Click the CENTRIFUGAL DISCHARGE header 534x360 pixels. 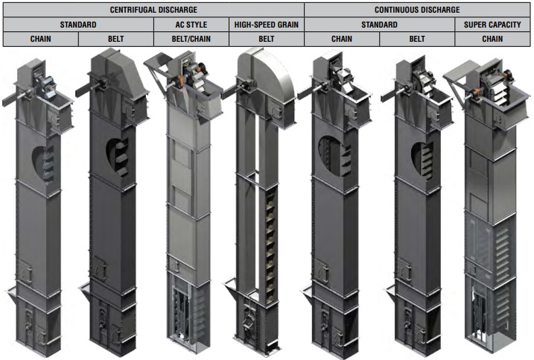coord(153,10)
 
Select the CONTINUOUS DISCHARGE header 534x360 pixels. coord(417,10)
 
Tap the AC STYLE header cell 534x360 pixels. coord(191,25)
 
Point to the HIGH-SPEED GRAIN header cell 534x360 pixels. coord(267,25)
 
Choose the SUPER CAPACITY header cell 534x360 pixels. coord(492,25)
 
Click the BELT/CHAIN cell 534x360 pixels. coord(191,39)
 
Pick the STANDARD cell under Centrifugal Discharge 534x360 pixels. coord(78,25)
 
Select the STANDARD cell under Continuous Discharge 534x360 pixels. coord(379,25)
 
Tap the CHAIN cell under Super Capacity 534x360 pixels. coord(492,39)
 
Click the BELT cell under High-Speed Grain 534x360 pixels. coord(267,39)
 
